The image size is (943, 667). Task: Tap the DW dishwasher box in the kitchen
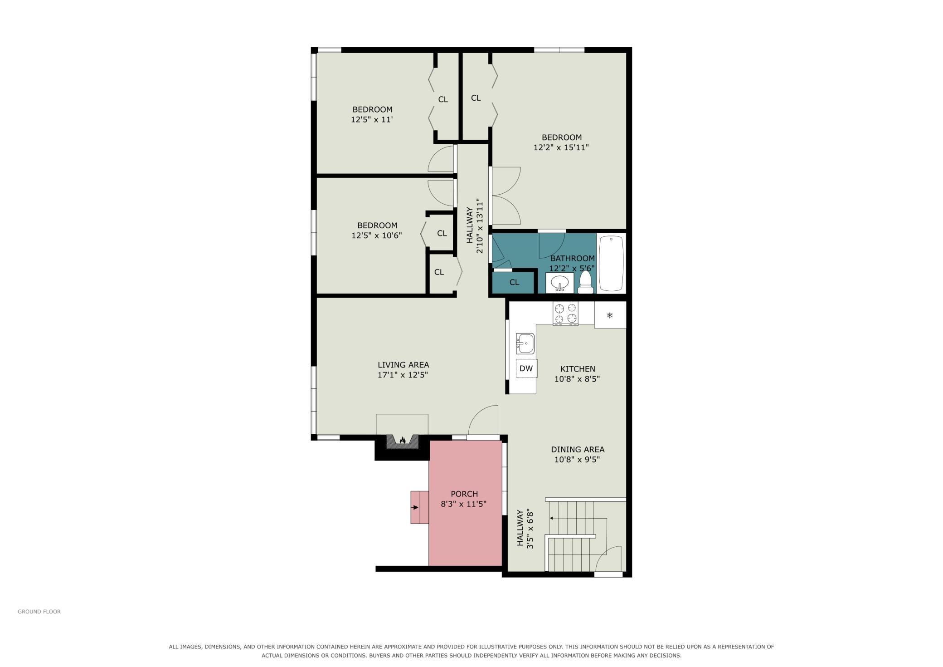[x=526, y=368]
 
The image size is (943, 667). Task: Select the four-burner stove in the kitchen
[x=565, y=314]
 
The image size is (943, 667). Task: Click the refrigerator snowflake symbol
[x=610, y=315]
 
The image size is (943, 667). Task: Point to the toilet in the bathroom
[x=586, y=283]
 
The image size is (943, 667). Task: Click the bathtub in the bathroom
[x=612, y=264]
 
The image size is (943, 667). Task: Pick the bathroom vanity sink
[x=560, y=283]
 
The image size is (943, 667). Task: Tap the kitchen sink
[x=525, y=343]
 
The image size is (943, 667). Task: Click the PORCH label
[x=464, y=494]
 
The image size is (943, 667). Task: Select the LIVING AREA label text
[x=403, y=365]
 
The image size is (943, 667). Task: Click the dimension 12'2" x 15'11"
[x=561, y=147]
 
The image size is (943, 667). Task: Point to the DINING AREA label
[x=578, y=450]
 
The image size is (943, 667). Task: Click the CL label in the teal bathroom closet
[x=514, y=282]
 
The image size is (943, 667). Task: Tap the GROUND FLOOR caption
[x=39, y=612]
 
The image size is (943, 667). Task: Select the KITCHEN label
[x=578, y=369]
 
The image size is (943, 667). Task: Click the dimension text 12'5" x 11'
[x=372, y=120]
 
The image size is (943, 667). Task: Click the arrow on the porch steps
[x=415, y=508]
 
